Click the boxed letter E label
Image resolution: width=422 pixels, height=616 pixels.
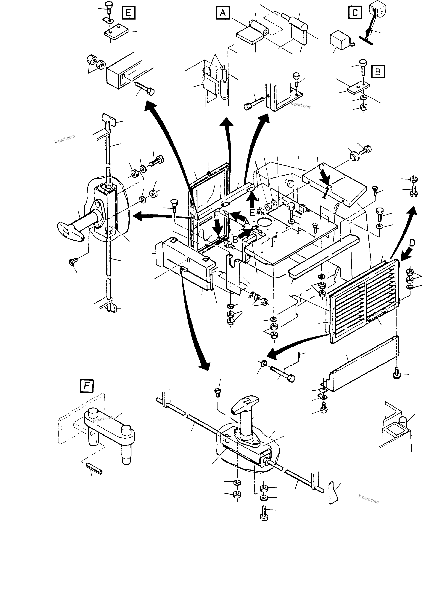(x=128, y=13)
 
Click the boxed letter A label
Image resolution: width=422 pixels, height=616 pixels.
(x=223, y=12)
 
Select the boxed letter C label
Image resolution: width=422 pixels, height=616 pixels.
(x=355, y=12)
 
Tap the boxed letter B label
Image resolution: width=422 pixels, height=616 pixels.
(x=378, y=71)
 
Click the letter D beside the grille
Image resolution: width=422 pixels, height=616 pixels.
(x=411, y=243)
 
